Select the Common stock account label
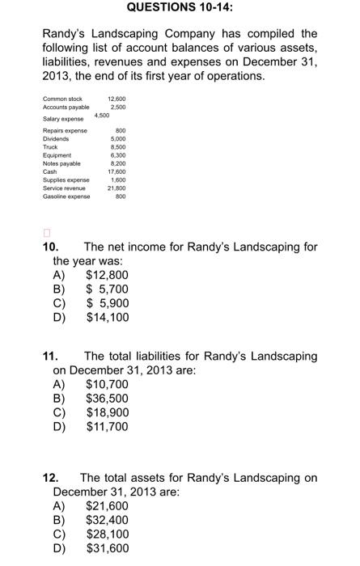coord(62,99)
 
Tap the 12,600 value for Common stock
coord(116,99)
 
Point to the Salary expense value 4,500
coord(102,115)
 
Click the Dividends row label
coord(57,138)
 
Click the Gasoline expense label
coord(66,195)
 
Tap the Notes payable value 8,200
coord(118,163)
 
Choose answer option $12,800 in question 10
coord(107,276)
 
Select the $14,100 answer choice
coord(107,318)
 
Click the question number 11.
coord(50,357)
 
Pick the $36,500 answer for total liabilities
coord(107,399)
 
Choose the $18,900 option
coord(107,412)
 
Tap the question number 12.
coord(50,478)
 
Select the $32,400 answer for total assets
coord(107,521)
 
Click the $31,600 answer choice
coord(107,549)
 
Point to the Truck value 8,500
coord(118,146)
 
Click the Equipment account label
coord(57,154)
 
